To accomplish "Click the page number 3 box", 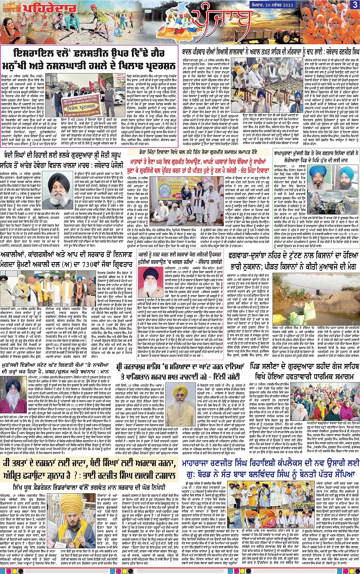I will (x=355, y=5).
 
